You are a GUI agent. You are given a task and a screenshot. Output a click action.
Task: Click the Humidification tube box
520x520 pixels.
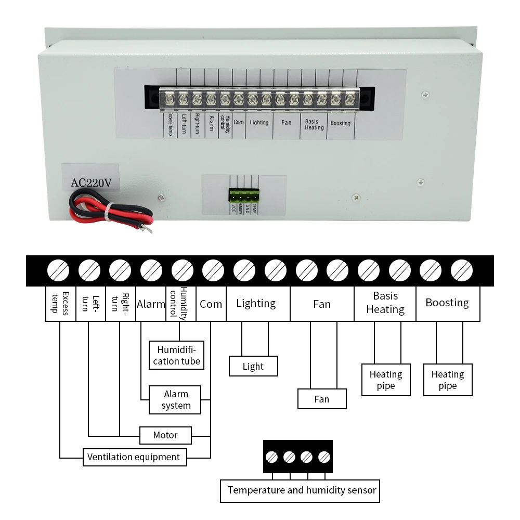[x=176, y=355]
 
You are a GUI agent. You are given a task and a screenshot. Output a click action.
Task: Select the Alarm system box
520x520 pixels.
[x=175, y=399]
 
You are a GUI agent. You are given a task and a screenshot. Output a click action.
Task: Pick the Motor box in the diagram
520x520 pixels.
[x=165, y=435]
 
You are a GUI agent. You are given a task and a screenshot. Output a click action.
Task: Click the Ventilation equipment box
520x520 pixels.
[x=134, y=457]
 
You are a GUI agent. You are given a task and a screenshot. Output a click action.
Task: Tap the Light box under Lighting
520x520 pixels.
[x=253, y=366]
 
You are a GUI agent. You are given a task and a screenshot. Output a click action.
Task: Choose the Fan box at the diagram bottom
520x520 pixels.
[x=322, y=399]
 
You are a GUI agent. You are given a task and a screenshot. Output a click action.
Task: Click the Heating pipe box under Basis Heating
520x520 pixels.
[x=386, y=380]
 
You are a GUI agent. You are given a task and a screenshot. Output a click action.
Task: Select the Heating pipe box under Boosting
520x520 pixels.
[x=448, y=380]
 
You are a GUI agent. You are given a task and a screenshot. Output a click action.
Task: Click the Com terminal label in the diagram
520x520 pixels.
[x=211, y=304]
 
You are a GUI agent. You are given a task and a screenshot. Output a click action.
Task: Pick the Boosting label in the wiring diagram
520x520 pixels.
[x=447, y=303]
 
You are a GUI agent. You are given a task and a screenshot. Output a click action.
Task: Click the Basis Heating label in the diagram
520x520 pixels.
[x=385, y=303]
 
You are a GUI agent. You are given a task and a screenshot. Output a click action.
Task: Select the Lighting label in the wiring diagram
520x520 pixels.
[x=256, y=303]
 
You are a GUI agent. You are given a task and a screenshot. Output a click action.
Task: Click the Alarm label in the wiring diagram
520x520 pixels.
[x=151, y=304]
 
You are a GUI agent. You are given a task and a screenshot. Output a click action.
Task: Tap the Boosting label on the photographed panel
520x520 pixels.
[x=341, y=123]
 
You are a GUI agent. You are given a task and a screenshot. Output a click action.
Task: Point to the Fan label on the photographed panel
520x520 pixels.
[x=286, y=123]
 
